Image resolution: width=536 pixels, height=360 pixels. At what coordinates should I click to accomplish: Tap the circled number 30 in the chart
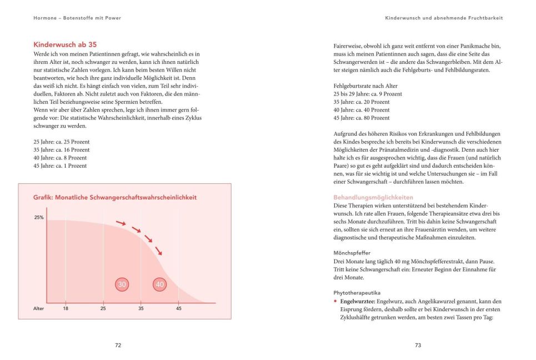coord(122,284)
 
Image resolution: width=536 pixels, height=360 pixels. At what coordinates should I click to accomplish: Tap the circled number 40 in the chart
coord(160,284)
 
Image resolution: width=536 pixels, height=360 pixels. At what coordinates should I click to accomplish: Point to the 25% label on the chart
coord(39,218)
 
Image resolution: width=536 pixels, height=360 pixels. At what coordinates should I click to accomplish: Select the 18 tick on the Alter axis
coord(66,308)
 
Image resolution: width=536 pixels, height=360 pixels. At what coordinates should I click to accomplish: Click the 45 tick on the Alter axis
coord(178,308)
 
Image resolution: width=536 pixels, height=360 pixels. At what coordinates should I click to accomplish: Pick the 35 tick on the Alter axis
coord(141,308)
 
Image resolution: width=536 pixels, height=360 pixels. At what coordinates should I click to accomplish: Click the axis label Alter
coord(39,308)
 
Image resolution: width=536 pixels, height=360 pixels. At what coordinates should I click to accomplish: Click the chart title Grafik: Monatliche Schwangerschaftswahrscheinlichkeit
coord(115,198)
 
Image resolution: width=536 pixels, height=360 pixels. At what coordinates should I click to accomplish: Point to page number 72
coord(118,345)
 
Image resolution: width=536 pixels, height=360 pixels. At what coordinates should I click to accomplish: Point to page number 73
coord(418,345)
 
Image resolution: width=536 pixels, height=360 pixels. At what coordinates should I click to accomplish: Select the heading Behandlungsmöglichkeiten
coord(373,197)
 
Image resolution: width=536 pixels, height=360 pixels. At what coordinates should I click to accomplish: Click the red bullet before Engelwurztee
coord(335,301)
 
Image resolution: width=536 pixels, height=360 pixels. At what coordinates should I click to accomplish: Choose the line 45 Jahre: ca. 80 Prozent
coord(362,118)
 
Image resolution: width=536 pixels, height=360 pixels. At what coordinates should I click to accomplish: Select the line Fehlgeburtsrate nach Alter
coord(365,86)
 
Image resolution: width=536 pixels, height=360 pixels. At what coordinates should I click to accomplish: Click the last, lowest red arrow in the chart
coord(159,251)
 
